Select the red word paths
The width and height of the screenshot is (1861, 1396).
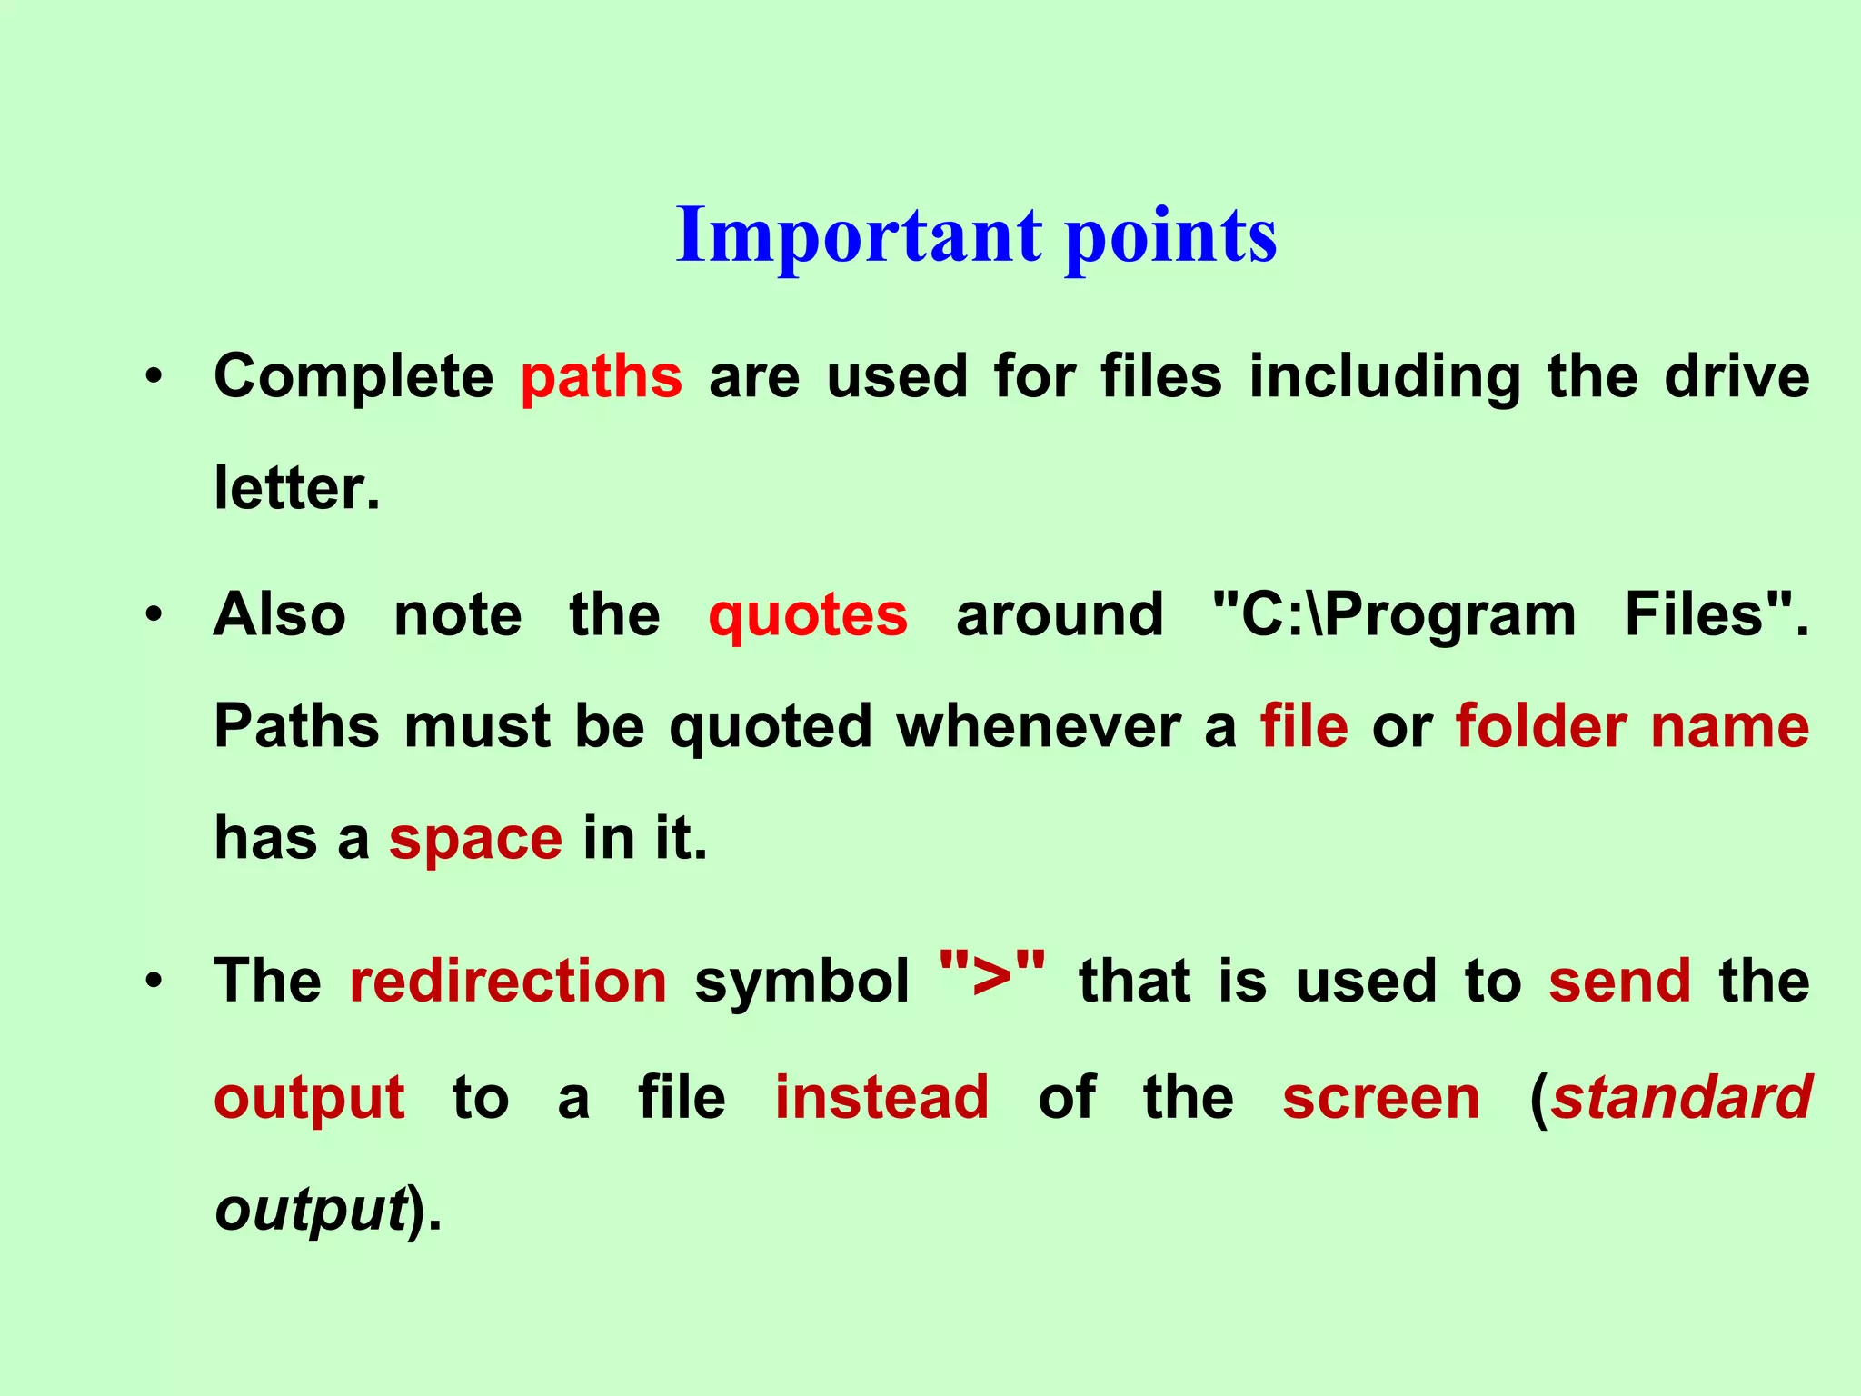601,377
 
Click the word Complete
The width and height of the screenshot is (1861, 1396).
353,377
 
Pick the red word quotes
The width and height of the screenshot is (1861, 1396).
807,615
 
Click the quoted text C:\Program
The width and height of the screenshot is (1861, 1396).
1394,615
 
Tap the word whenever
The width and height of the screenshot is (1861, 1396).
1039,726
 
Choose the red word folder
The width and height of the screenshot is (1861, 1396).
1541,726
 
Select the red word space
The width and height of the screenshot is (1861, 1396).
475,838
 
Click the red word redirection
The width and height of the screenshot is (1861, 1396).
508,982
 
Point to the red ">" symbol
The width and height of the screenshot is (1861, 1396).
991,972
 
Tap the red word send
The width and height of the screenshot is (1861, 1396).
1620,982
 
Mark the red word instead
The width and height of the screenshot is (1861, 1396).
881,1097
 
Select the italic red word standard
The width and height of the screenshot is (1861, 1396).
1682,1097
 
